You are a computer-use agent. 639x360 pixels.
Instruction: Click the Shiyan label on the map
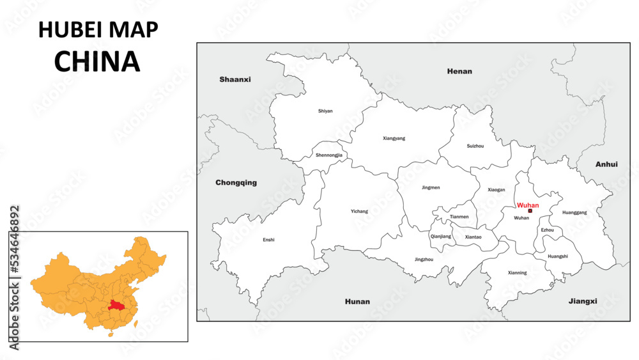(325, 111)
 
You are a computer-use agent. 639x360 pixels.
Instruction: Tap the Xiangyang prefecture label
(394, 138)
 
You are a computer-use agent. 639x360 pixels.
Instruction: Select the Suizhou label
(475, 146)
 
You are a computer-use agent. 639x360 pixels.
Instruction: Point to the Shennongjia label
(329, 155)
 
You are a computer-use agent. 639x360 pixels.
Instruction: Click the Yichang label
(360, 211)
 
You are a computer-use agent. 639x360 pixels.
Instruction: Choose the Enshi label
(268, 240)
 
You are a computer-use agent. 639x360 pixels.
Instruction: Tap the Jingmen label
(431, 187)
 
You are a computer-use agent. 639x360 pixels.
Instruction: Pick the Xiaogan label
(497, 190)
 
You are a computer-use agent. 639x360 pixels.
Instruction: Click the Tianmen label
(459, 217)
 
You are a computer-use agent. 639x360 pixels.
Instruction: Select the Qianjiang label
(441, 236)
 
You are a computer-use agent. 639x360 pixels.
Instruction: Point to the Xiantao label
(473, 237)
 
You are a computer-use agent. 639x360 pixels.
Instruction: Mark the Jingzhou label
(424, 260)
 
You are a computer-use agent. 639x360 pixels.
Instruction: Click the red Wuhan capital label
(528, 205)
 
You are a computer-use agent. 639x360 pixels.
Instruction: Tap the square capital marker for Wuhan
(530, 210)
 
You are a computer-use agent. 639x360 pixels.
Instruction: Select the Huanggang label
(574, 212)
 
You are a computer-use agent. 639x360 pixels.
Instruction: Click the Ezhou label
(548, 230)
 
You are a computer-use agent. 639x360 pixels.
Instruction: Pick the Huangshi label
(557, 256)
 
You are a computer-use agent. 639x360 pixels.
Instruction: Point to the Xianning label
(518, 273)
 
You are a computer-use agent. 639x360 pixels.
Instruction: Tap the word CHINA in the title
(97, 61)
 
